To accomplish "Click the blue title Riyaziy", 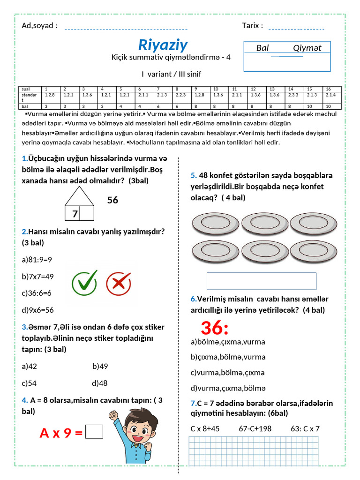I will [x=163, y=45].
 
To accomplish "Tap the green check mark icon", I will [x=84, y=283].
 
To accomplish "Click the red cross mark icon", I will [x=118, y=283].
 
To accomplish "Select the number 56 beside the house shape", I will [x=112, y=200].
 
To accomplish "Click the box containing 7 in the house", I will [x=75, y=214].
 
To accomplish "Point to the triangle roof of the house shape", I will [x=79, y=196].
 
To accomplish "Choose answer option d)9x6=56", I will [x=37, y=310].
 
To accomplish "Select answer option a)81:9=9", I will [x=37, y=259].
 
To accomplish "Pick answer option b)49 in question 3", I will [x=100, y=366].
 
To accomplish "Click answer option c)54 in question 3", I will [x=29, y=383].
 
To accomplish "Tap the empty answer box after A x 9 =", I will [x=94, y=432].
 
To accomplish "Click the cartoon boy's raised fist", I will [x=113, y=415].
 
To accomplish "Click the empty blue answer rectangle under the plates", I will [x=261, y=281].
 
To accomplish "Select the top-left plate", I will [x=215, y=224].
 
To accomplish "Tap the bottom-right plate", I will [x=313, y=252].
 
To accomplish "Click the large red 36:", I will [x=214, y=328].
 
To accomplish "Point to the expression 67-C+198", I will [x=255, y=428].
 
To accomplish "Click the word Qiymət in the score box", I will [x=307, y=48].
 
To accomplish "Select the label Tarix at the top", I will [x=252, y=25].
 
